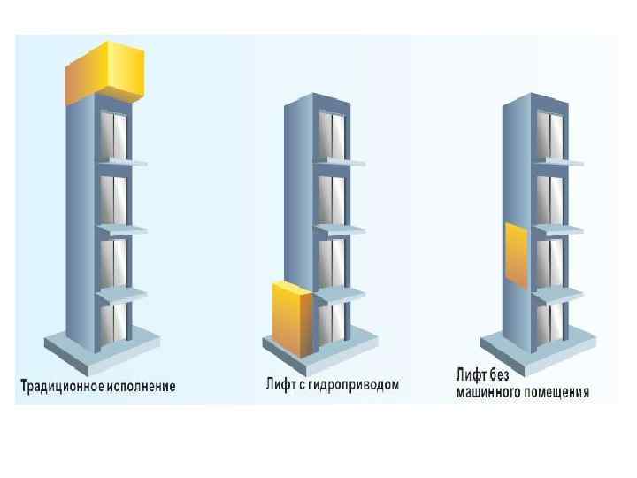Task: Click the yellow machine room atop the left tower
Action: coord(104,72)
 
